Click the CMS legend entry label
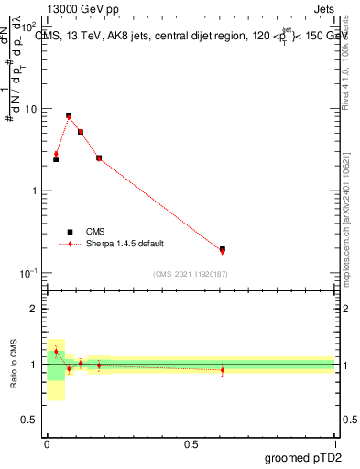point(96,232)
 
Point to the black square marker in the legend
point(70,232)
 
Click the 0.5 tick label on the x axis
point(191,443)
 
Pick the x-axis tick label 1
point(336,443)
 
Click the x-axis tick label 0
point(47,443)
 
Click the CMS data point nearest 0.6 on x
point(223,249)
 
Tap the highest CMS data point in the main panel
point(69,115)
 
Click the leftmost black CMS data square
point(56,159)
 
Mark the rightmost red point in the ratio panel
point(223,370)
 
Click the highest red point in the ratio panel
point(56,351)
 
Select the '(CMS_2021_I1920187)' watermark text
point(191,274)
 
